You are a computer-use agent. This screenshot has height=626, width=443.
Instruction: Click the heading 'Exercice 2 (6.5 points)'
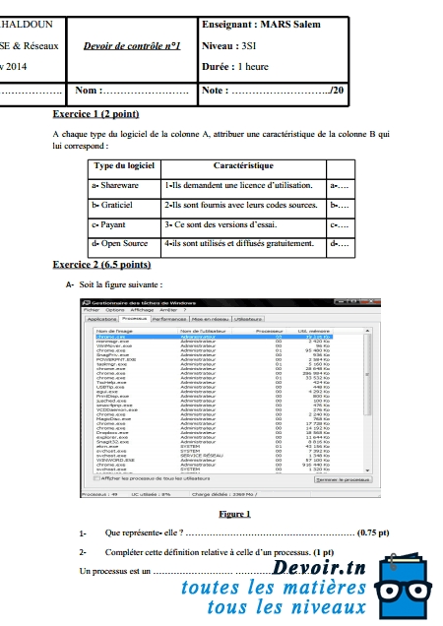point(101,266)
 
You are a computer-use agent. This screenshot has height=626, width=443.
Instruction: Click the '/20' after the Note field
point(337,92)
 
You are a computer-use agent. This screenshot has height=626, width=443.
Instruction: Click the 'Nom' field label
point(88,92)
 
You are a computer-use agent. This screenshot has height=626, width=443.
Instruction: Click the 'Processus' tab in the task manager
point(134,320)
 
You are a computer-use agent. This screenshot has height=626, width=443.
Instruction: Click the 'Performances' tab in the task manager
point(169,320)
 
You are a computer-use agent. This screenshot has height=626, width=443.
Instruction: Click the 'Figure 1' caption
point(234,514)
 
